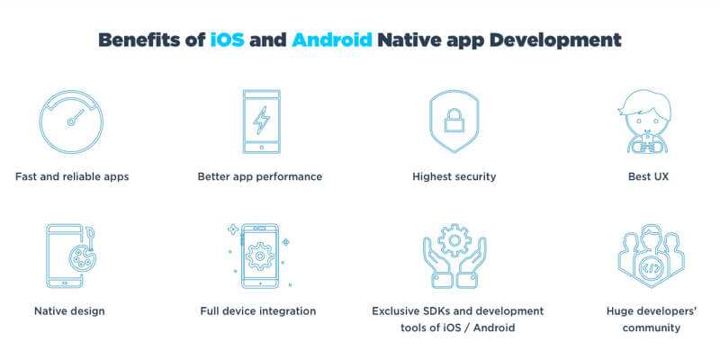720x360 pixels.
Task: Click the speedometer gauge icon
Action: [x=71, y=121]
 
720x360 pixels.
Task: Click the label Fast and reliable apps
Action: [x=72, y=176]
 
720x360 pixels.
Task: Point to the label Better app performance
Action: [x=259, y=176]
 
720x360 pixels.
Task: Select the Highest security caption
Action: [x=454, y=176]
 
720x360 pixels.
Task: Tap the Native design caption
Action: [x=69, y=311]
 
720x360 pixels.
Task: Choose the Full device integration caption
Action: [x=258, y=311]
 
